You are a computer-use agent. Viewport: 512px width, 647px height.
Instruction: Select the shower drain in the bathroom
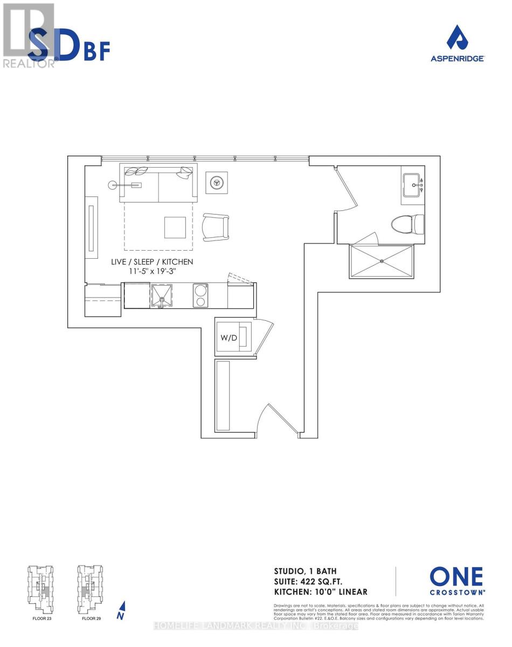[x=382, y=261]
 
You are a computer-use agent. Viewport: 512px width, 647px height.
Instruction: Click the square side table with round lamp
[x=217, y=183]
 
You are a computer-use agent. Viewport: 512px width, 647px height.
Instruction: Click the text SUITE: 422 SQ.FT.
[x=314, y=581]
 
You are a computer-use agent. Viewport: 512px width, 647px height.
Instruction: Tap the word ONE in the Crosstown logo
[x=456, y=577]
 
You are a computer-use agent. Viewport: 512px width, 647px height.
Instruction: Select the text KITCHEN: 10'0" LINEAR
[x=321, y=591]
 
